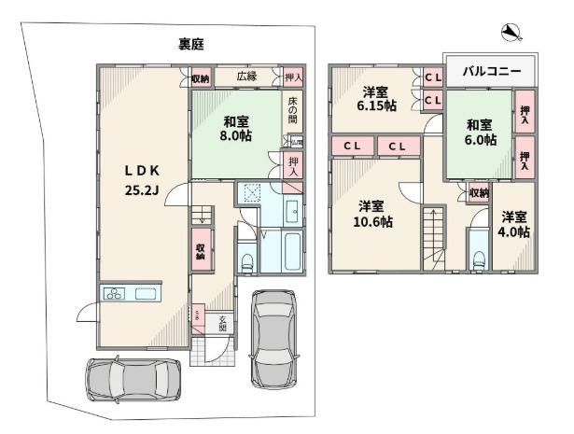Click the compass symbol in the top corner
pyautogui.click(x=511, y=35)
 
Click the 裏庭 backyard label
pyautogui.click(x=192, y=44)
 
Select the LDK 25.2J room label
pyautogui.click(x=144, y=179)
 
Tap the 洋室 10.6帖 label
pyautogui.click(x=373, y=214)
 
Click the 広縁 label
pyautogui.click(x=246, y=77)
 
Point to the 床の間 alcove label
pyautogui.click(x=292, y=111)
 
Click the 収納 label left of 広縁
pyautogui.click(x=200, y=78)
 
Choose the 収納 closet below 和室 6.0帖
pyautogui.click(x=478, y=192)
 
